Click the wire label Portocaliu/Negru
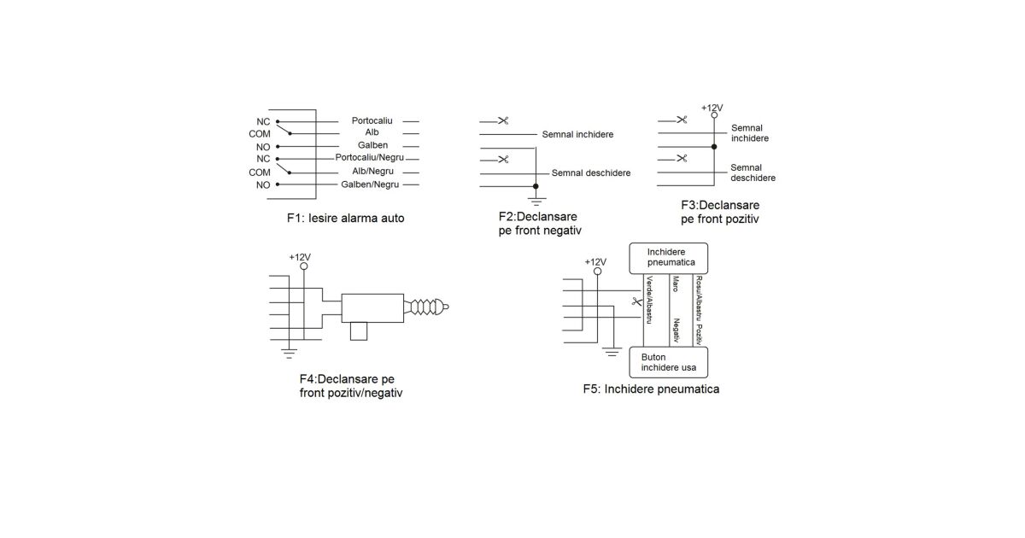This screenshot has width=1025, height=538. (x=370, y=158)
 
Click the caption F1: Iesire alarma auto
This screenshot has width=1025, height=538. (x=346, y=218)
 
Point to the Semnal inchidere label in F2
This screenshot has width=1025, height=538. (x=577, y=135)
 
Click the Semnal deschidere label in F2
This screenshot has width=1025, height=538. (x=591, y=173)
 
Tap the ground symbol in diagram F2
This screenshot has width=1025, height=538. (x=536, y=198)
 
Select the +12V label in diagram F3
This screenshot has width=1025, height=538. (x=712, y=108)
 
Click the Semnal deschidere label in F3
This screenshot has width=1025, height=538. (x=753, y=173)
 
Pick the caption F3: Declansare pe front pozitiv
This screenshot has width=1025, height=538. (x=720, y=212)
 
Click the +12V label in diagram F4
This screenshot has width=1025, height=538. (x=300, y=257)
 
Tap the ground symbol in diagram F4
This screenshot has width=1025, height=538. (x=290, y=348)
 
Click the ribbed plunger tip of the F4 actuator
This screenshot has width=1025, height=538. (x=427, y=306)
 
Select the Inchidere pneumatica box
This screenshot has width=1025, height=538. (x=671, y=258)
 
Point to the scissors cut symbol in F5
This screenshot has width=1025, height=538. (x=635, y=301)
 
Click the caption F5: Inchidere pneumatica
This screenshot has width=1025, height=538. (x=651, y=389)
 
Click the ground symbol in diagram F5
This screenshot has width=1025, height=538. (x=611, y=349)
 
